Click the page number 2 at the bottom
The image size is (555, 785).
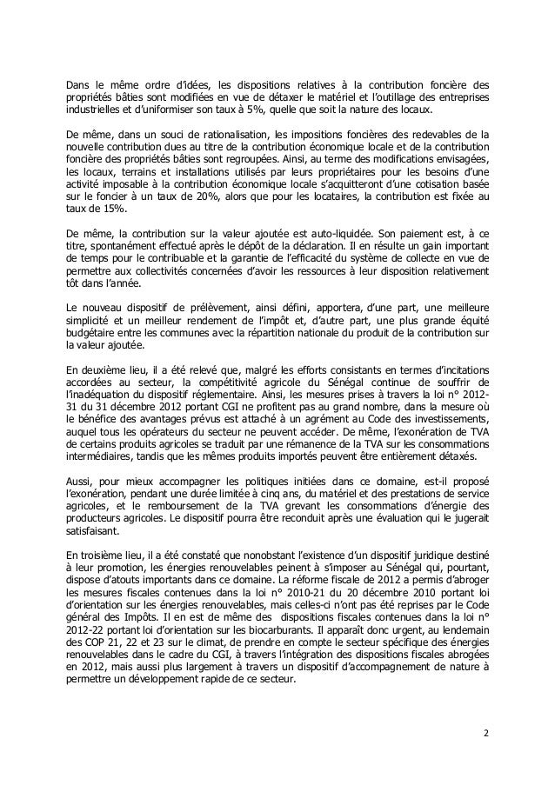pos(485,744)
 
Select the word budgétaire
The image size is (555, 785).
pos(94,332)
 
